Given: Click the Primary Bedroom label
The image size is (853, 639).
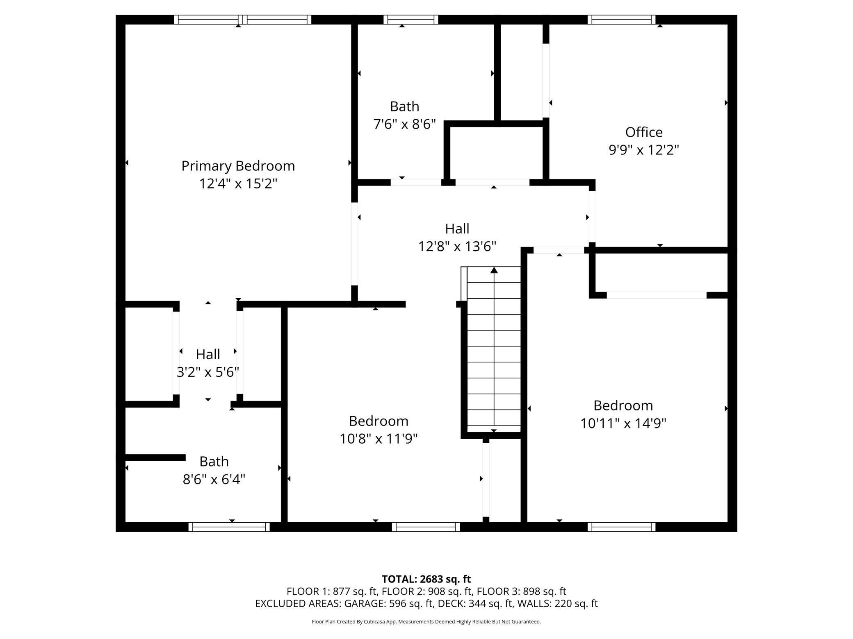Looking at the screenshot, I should click(238, 166).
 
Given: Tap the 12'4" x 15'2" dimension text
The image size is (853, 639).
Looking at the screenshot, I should click(238, 184).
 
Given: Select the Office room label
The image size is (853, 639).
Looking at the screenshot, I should click(643, 132).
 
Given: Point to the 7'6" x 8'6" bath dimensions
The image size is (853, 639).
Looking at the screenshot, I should click(404, 124).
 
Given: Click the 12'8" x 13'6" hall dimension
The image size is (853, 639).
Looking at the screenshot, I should click(457, 246).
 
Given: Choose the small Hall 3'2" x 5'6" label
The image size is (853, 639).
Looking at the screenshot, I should click(208, 354).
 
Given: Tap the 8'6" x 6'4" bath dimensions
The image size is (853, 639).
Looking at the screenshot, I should click(214, 479).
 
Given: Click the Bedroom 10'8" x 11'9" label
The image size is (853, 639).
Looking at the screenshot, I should click(378, 421).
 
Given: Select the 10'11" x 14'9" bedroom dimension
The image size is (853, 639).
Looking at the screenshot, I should click(623, 423).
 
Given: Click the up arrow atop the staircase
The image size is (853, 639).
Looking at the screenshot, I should click(494, 270).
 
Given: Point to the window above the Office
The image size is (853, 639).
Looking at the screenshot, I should click(621, 20).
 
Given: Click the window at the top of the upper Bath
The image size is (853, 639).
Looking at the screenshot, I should click(411, 20).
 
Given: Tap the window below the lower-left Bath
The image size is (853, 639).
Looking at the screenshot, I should click(229, 527).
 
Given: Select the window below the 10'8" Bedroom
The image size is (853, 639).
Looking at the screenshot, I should click(426, 527).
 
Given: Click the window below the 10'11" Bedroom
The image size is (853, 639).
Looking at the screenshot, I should click(621, 527).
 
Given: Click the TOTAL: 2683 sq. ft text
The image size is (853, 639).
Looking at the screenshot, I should click(426, 579).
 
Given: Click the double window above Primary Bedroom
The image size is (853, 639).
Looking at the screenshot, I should click(242, 20).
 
